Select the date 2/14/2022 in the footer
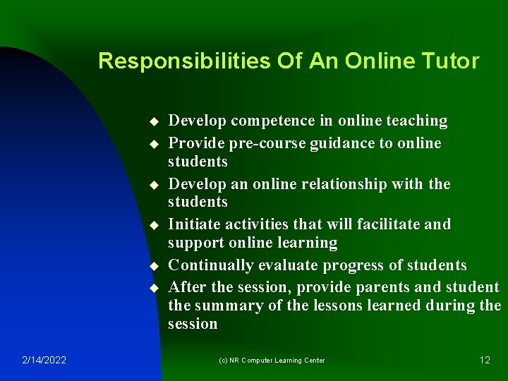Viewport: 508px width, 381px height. coord(44,360)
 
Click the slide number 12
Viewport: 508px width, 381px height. coord(485,360)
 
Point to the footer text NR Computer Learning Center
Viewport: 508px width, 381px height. coord(272,360)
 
